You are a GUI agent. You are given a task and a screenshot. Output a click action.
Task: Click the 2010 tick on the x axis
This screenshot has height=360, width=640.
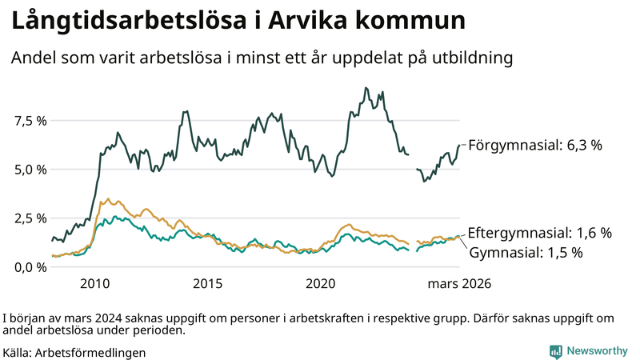[94, 284]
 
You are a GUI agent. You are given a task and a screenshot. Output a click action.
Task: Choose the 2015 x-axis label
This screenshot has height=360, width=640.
[207, 284]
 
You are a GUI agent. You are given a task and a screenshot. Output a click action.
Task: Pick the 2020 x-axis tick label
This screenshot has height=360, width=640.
[320, 284]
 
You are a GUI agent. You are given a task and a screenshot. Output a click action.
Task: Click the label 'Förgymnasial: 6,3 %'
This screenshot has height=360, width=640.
[534, 146]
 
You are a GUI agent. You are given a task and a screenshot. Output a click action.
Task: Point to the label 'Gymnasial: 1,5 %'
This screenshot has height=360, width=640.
[525, 253]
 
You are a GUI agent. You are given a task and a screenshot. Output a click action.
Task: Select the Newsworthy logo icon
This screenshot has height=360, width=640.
[555, 351]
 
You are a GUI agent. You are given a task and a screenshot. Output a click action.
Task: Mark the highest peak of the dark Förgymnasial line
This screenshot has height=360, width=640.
[366, 88]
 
